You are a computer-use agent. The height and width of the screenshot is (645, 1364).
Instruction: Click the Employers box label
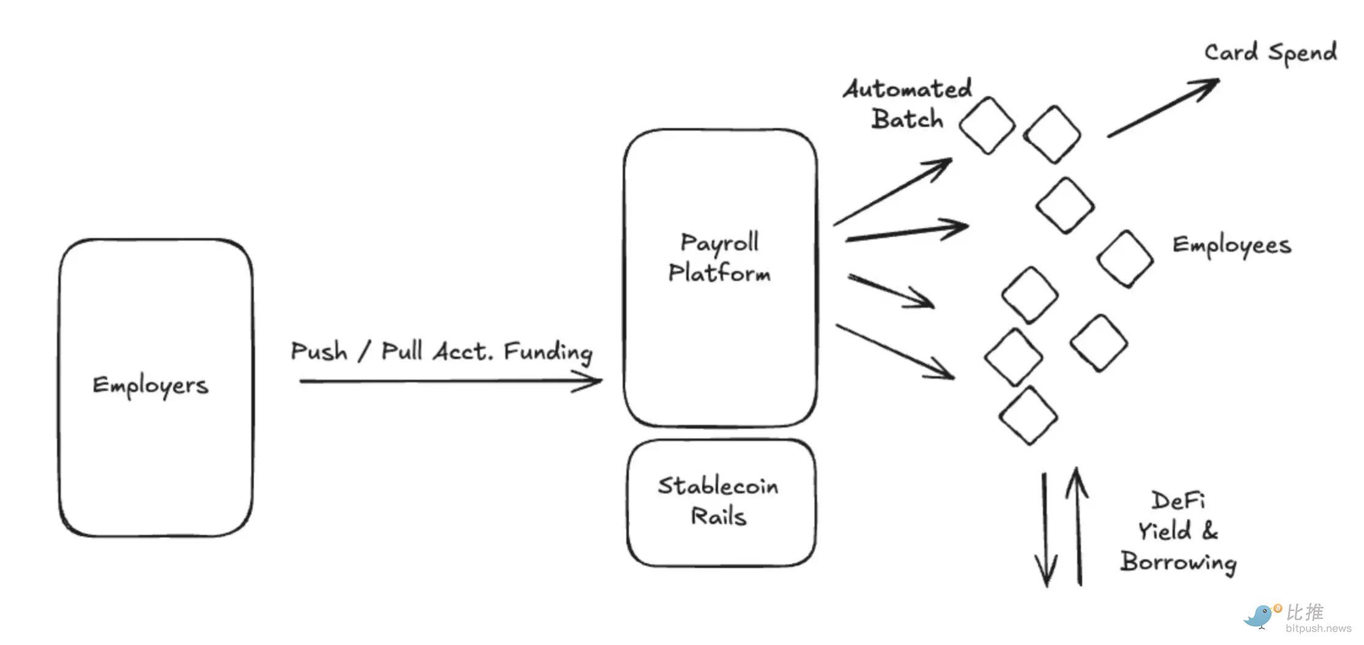tap(150, 386)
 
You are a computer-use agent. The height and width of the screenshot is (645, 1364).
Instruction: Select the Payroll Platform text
tap(719, 258)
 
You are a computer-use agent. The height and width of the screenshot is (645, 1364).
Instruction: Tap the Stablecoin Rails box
tap(721, 502)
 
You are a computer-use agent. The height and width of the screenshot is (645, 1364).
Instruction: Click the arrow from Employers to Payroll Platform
tap(450, 381)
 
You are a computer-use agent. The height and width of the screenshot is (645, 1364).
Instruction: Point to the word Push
tap(319, 351)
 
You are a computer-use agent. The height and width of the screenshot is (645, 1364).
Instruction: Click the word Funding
tap(548, 352)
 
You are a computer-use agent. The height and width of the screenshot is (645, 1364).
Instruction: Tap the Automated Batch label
tap(908, 104)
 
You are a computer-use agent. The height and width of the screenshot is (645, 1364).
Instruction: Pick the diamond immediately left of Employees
tap(1125, 259)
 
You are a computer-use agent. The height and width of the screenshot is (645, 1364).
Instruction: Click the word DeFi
tap(1178, 501)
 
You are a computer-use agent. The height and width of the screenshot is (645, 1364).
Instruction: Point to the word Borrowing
tap(1178, 562)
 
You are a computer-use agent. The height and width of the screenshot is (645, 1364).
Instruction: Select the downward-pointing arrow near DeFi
tap(1045, 529)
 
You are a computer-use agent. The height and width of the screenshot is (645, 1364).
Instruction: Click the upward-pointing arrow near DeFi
tap(1078, 526)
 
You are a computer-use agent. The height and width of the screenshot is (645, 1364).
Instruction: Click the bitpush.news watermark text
tap(1318, 628)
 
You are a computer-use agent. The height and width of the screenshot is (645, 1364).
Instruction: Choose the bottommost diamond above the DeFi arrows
tap(1028, 416)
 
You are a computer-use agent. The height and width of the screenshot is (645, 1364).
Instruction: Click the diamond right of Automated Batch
tap(987, 125)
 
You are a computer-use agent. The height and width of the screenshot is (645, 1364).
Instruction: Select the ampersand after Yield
tap(1209, 531)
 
